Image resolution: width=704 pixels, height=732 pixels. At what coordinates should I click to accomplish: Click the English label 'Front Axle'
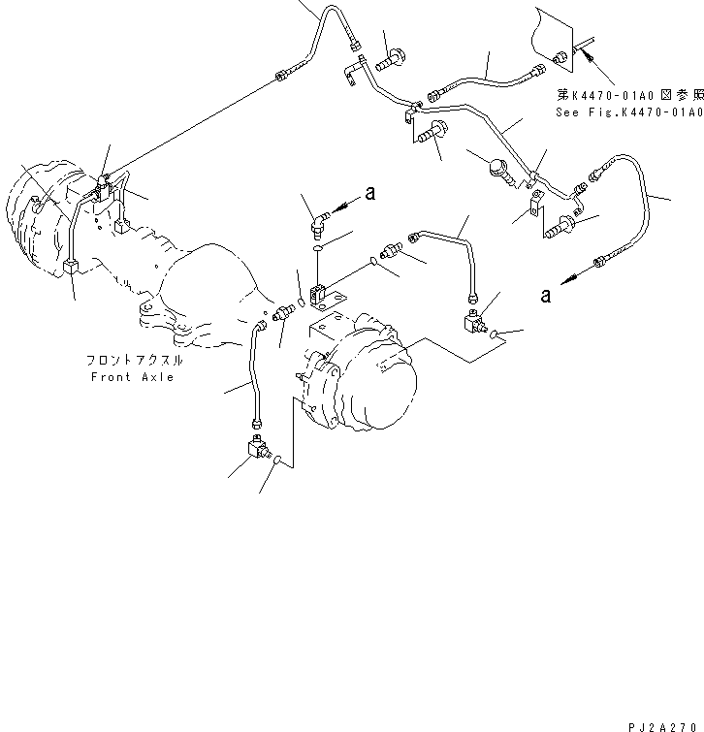[x=133, y=376]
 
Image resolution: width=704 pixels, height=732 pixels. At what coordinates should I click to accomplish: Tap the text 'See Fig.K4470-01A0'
[x=626, y=112]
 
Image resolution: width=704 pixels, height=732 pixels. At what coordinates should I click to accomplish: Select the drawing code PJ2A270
[x=661, y=721]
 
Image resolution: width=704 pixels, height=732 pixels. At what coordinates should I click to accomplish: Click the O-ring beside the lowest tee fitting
[x=280, y=462]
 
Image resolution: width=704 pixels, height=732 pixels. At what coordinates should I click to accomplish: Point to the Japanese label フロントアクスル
[x=134, y=361]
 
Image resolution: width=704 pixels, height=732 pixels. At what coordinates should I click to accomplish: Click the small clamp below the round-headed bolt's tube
[x=534, y=205]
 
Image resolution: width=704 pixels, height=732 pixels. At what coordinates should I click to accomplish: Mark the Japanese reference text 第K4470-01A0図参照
[x=626, y=95]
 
